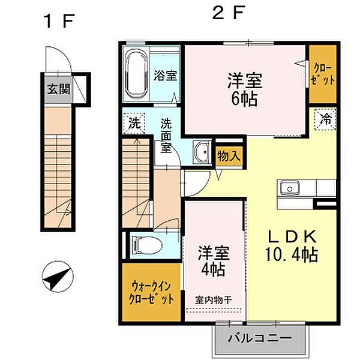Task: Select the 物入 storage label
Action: (229, 155)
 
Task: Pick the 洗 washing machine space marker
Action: (135, 124)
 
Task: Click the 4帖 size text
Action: (212, 270)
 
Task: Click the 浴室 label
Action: (166, 76)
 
